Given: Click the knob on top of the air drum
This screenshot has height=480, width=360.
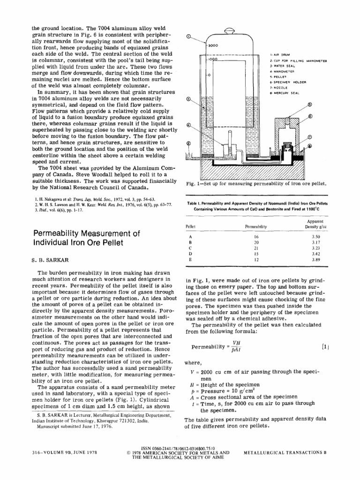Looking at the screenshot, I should point(230,31).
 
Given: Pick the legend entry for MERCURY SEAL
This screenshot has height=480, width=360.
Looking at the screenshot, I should point(287,93).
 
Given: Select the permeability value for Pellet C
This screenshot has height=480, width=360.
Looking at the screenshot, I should point(256,247).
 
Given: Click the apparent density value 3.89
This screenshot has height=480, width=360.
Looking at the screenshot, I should point(316,259).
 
